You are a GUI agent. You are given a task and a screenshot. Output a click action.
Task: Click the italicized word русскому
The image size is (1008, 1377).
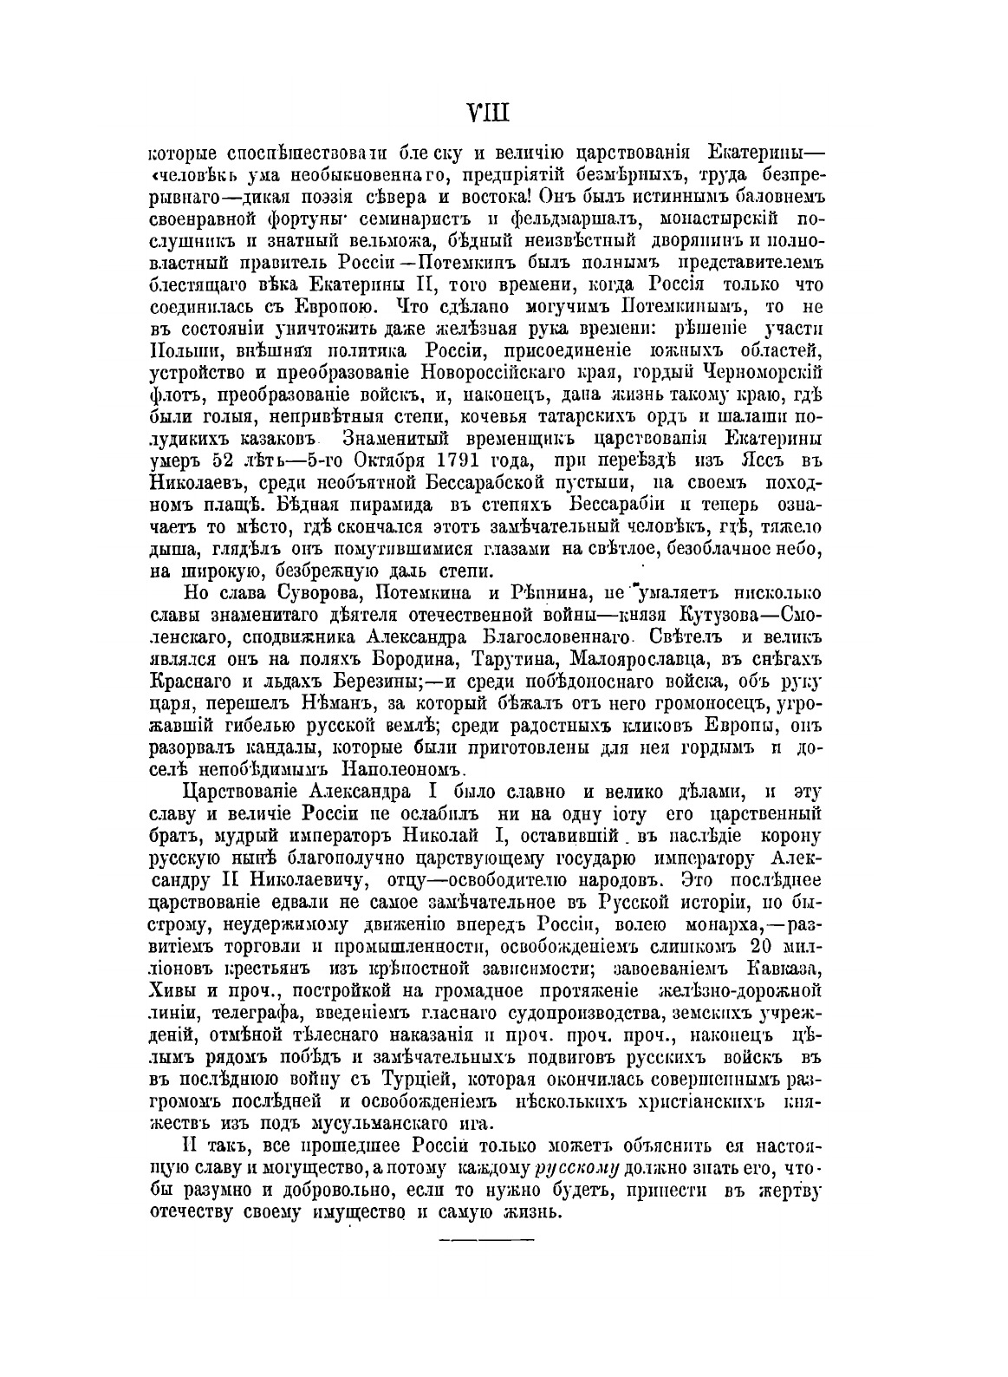576,1168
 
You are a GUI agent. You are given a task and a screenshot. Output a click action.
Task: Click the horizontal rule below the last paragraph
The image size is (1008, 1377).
488,1239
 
